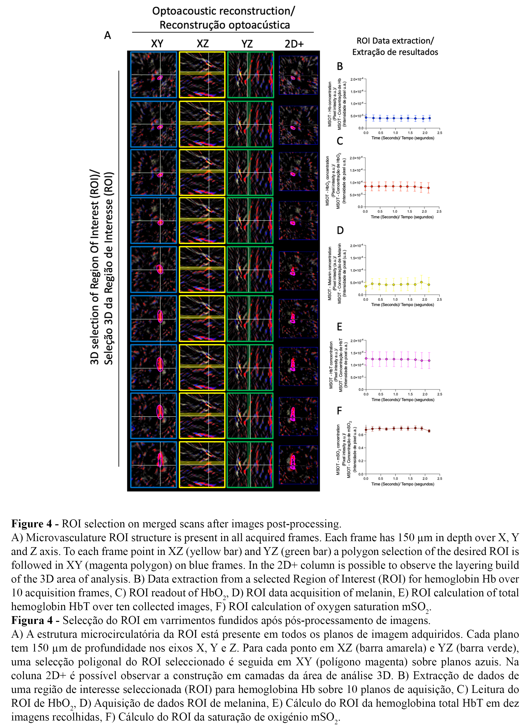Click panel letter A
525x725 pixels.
tap(108, 35)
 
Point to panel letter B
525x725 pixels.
tap(340, 66)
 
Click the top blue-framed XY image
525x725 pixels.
tap(153, 75)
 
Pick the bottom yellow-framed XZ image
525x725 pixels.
tap(202, 464)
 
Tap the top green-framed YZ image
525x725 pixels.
tap(250, 75)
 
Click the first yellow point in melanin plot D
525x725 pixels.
tap(366, 286)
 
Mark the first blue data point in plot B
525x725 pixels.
tap(366, 118)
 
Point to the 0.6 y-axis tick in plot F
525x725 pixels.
tap(360, 435)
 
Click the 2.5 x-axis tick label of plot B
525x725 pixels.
tap(440, 133)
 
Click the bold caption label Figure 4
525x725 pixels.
tap(31, 524)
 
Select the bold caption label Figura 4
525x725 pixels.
tap(32, 620)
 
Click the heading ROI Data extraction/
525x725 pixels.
tap(395, 41)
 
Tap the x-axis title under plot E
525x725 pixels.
tap(403, 400)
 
